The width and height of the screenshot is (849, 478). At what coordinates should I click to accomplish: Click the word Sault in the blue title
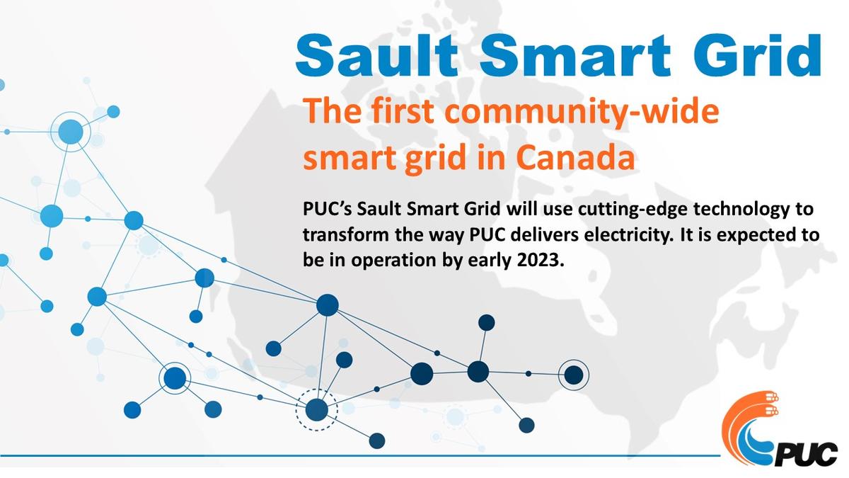[376, 55]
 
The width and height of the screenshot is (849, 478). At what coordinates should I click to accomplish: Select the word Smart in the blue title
[575, 55]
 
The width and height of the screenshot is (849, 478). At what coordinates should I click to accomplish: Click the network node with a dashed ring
[316, 410]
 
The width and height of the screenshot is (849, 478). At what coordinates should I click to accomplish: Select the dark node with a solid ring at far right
[574, 375]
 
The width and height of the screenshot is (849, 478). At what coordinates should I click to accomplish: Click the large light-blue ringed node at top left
[71, 132]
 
